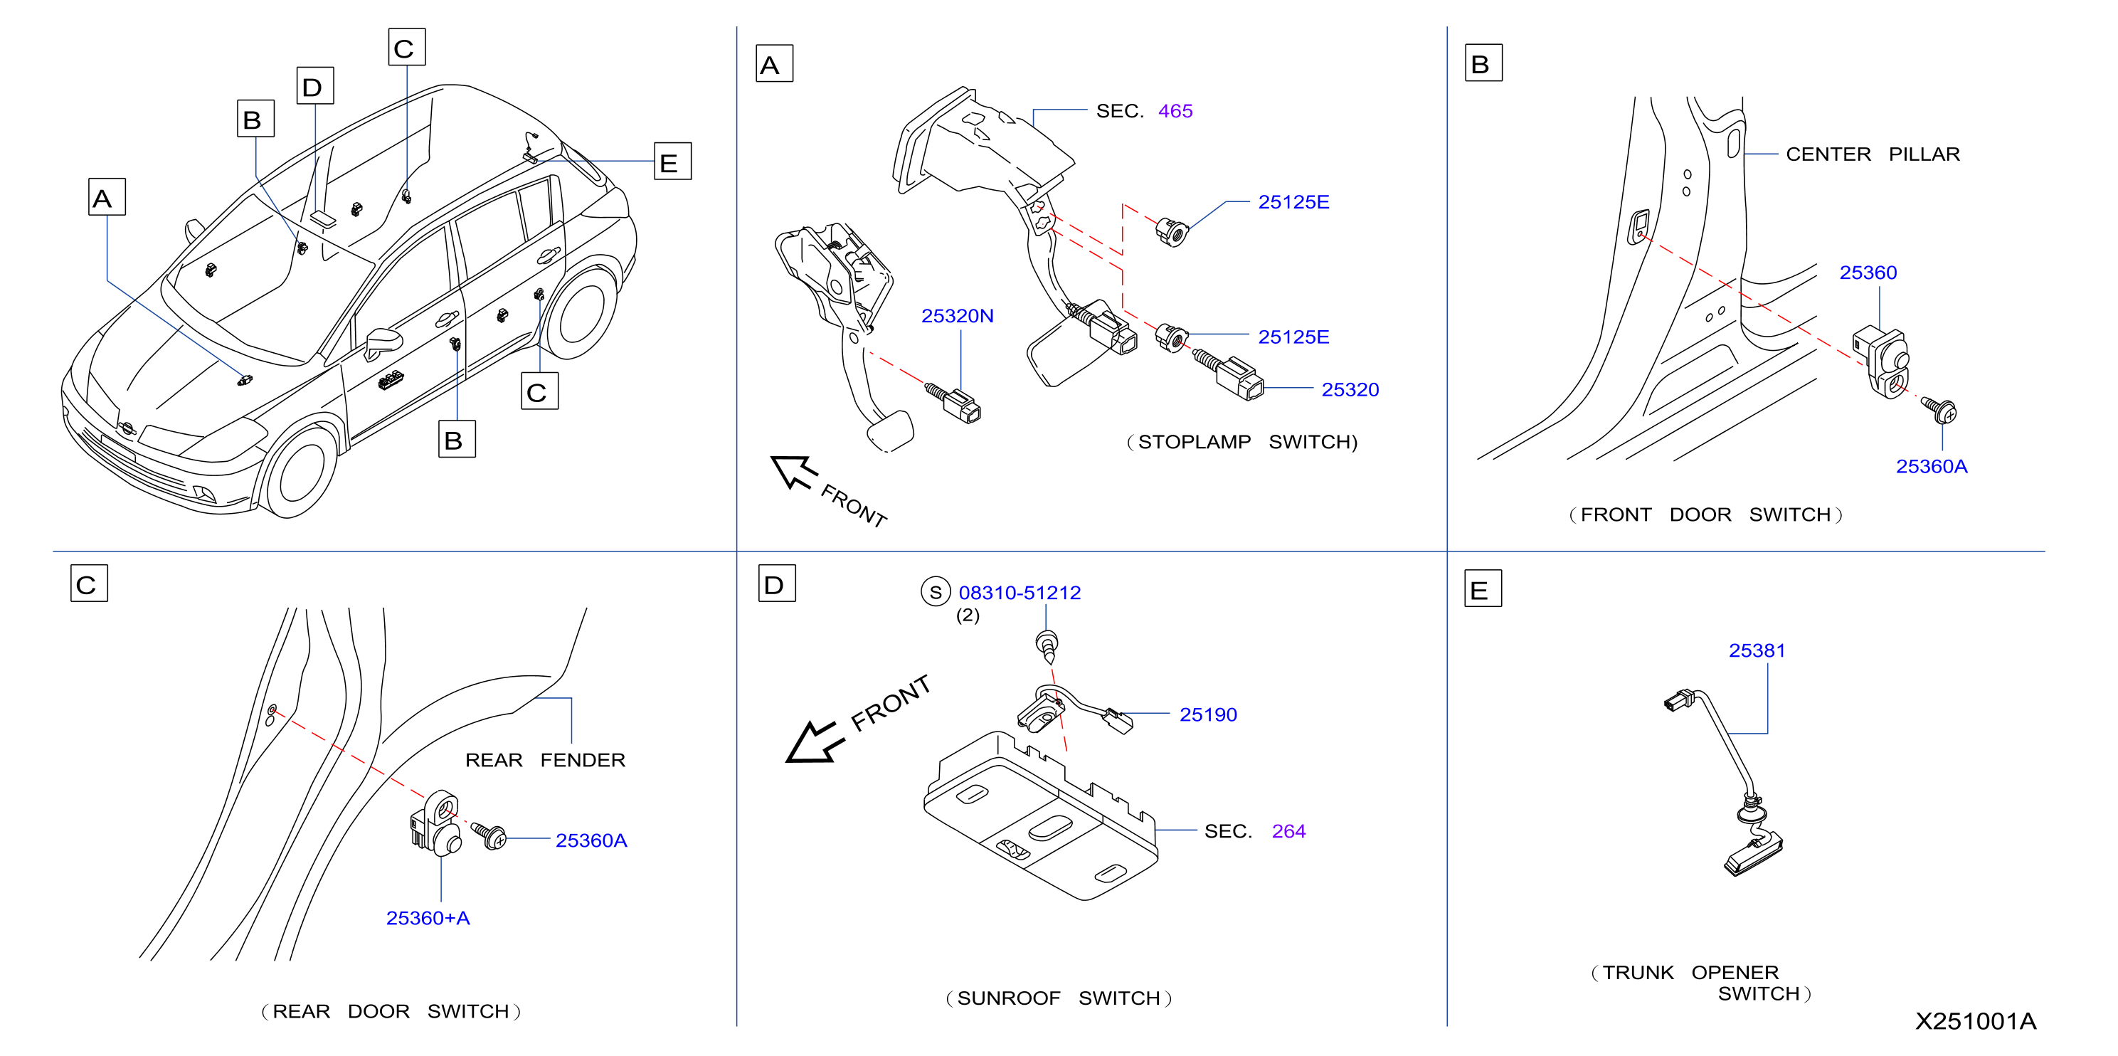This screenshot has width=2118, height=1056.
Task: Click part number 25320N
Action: pyautogui.click(x=957, y=316)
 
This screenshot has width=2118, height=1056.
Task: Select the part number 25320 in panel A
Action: pyautogui.click(x=1350, y=390)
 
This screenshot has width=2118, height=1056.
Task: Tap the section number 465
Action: pyautogui.click(x=1175, y=111)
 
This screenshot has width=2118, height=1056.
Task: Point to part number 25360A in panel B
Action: pyautogui.click(x=1932, y=466)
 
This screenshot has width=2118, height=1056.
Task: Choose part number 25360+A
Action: pyautogui.click(x=428, y=918)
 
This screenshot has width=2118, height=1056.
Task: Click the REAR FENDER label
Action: pyautogui.click(x=545, y=760)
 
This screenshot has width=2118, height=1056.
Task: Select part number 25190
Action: pyautogui.click(x=1208, y=714)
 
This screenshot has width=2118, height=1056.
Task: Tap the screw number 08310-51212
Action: pyautogui.click(x=1020, y=592)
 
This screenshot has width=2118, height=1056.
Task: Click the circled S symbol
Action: pyautogui.click(x=936, y=592)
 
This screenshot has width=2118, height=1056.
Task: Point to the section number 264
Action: pyautogui.click(x=1288, y=831)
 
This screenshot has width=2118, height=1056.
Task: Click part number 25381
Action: pyautogui.click(x=1757, y=650)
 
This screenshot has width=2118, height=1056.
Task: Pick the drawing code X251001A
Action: pyautogui.click(x=1975, y=1021)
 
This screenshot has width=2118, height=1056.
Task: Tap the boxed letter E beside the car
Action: pyautogui.click(x=672, y=162)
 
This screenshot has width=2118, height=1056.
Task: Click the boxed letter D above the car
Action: pyautogui.click(x=315, y=85)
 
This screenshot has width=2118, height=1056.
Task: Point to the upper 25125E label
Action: pyautogui.click(x=1293, y=202)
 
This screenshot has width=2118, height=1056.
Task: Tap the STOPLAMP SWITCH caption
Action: pyautogui.click(x=1241, y=443)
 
